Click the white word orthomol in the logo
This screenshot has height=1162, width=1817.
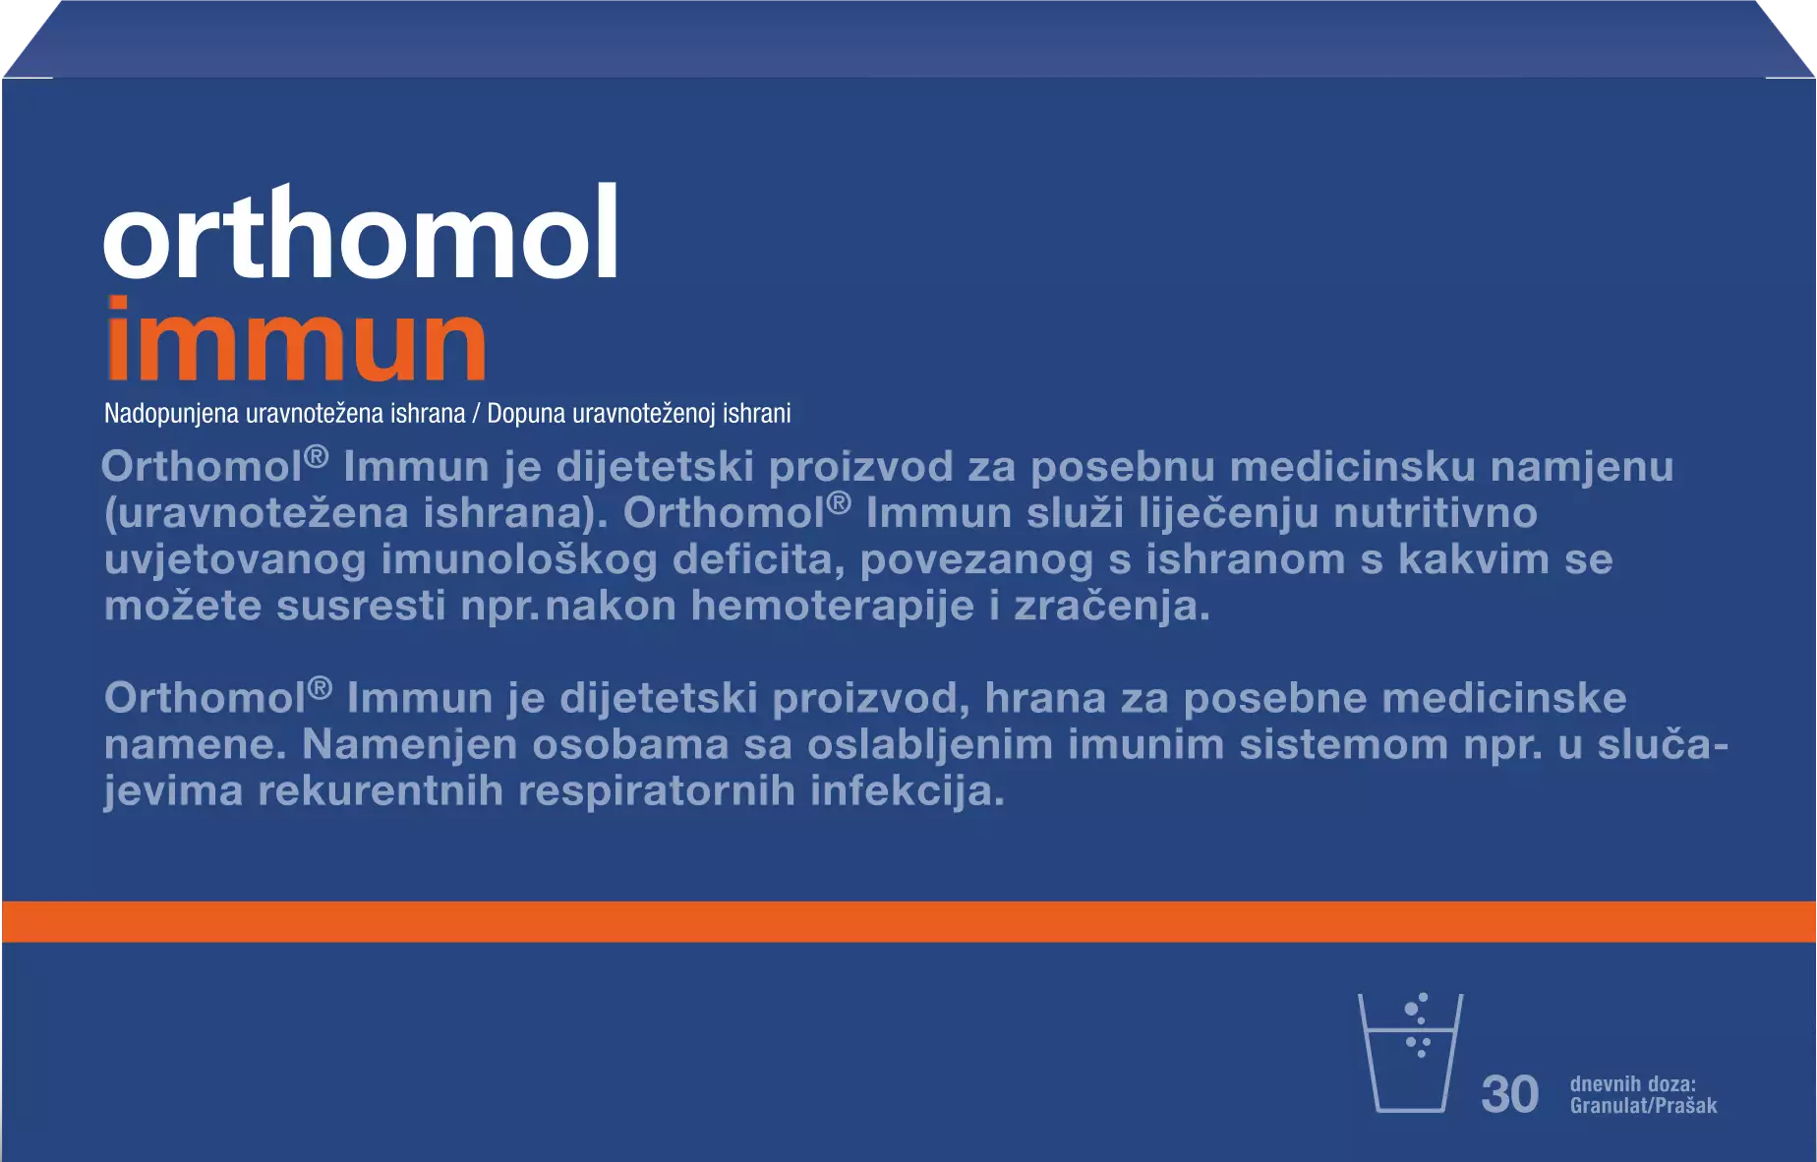361,232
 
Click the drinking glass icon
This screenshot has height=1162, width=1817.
1410,1052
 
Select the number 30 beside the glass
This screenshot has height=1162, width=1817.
1509,1094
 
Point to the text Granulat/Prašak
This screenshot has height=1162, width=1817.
1643,1106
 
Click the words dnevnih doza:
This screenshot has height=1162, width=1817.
1632,1083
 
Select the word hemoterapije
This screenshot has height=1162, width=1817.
833,606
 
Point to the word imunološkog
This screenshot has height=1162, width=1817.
519,559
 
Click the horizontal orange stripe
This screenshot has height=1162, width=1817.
908,921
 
